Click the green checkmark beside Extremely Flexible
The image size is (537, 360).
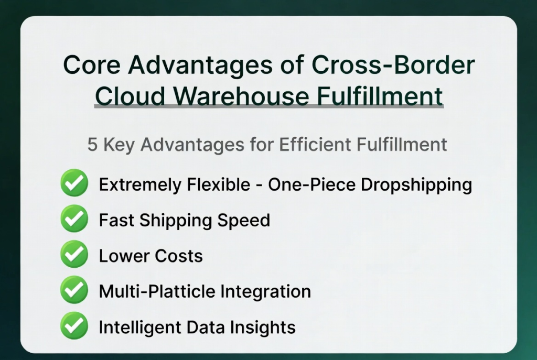[74, 182]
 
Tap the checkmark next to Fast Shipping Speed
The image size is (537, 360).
[74, 219]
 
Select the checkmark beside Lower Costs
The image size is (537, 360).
[74, 254]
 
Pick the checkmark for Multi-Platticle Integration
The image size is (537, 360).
[74, 289]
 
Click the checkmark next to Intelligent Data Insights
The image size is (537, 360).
[74, 325]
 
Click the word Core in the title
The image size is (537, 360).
[92, 64]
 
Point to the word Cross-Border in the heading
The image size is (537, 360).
[393, 64]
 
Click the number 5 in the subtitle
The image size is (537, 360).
[92, 145]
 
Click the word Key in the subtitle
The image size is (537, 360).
[119, 145]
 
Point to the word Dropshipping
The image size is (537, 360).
[416, 185]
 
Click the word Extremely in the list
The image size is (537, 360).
[140, 185]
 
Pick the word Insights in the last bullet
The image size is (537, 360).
[263, 328]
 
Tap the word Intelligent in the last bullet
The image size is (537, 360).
[139, 328]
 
